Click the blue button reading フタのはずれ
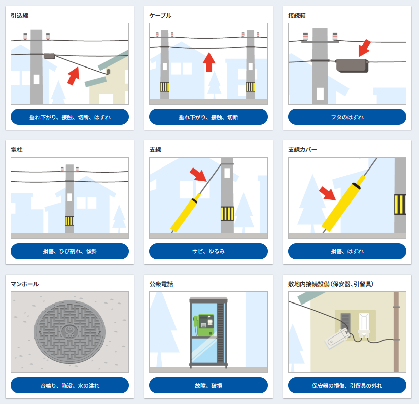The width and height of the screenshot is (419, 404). click(x=347, y=117)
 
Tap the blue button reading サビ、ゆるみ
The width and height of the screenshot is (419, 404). click(x=208, y=251)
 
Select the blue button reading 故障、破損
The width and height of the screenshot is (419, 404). click(x=208, y=385)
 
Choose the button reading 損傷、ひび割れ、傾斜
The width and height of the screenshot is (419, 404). click(x=69, y=251)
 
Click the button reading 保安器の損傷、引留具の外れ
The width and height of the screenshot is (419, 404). click(x=347, y=385)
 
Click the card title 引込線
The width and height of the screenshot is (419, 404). click(x=19, y=16)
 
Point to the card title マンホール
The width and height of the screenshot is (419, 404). click(x=24, y=284)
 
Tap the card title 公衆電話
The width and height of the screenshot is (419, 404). click(x=161, y=284)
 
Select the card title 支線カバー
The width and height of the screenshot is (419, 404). click(x=302, y=149)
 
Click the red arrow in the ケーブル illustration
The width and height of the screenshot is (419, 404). click(x=209, y=62)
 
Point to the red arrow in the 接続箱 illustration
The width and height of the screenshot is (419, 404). click(x=365, y=48)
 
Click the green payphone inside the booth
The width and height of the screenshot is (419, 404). click(x=203, y=325)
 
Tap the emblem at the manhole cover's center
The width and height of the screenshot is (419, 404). click(x=69, y=331)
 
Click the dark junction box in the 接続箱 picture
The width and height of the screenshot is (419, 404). click(x=352, y=65)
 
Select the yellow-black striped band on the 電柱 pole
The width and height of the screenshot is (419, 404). click(x=69, y=221)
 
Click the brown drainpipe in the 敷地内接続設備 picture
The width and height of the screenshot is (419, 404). click(x=396, y=331)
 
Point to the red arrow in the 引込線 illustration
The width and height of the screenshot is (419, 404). click(x=74, y=76)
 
